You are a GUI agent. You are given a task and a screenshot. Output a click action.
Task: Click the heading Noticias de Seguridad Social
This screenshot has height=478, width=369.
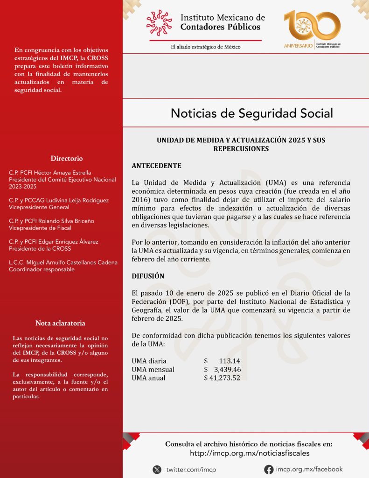[252, 113]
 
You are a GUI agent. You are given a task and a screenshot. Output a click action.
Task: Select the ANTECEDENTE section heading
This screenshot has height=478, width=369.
[156, 166]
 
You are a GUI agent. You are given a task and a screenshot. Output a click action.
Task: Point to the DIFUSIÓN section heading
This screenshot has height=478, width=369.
[148, 276]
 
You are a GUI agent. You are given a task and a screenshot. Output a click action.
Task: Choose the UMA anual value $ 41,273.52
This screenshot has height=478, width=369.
[222, 378]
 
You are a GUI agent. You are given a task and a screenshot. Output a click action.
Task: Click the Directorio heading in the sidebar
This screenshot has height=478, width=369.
[67, 158]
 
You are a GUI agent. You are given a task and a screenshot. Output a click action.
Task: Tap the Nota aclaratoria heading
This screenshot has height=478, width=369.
[60, 323]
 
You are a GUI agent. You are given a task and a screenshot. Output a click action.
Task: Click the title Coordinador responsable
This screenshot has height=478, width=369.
[42, 269]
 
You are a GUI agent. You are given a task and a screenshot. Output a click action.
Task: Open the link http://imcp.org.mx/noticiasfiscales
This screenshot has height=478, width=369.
[250, 453]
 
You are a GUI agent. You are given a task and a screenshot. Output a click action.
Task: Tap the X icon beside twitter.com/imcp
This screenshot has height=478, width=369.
[157, 470]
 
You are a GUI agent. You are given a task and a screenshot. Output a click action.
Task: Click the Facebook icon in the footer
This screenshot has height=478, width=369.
[269, 470]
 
